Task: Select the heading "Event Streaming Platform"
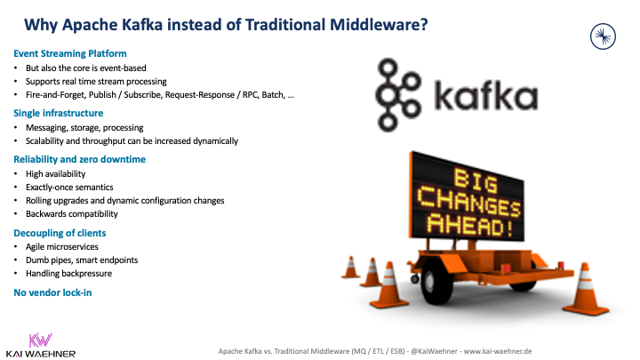tap(70, 53)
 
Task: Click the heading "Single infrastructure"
tap(59, 113)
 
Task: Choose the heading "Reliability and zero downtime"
tap(80, 158)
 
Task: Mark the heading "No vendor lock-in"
tap(52, 292)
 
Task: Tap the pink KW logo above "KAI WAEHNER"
tap(40, 340)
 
